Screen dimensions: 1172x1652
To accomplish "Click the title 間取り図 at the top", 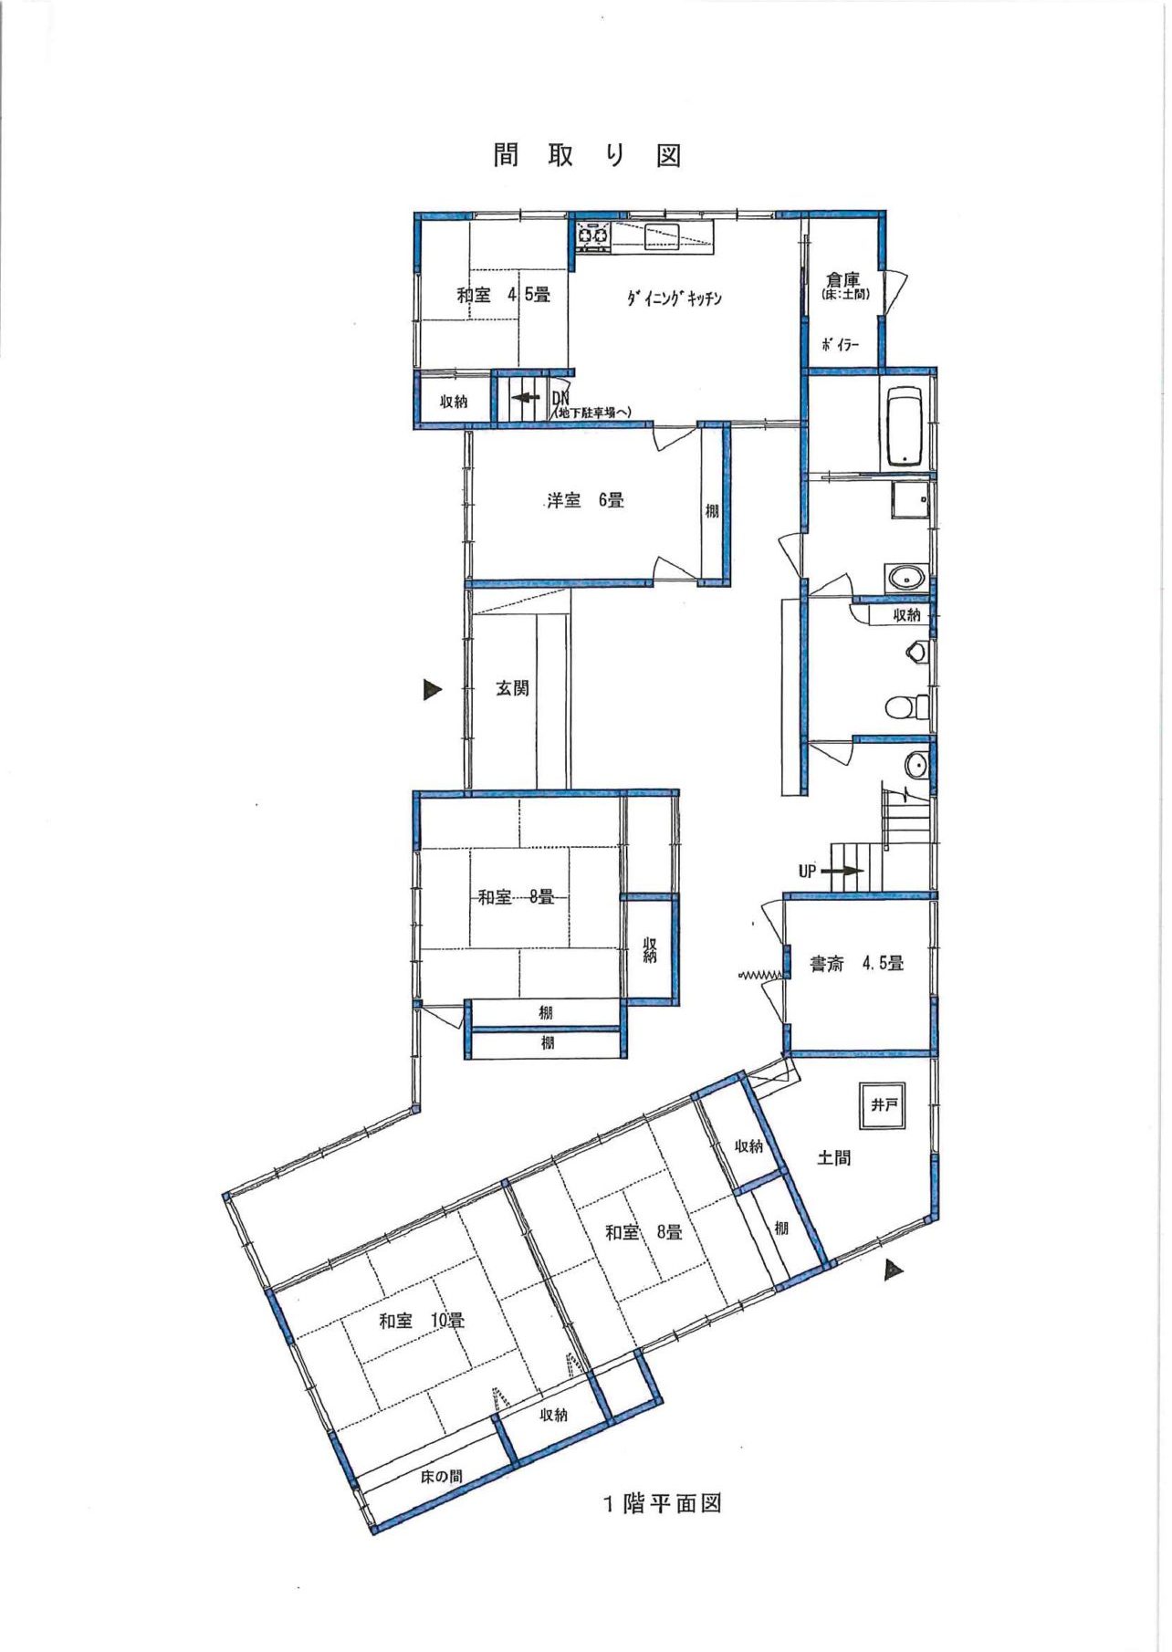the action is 588,155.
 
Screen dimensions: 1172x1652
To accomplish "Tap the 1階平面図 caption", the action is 663,1502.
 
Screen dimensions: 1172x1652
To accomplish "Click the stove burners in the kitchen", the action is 593,236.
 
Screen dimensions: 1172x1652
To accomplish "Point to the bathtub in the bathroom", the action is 905,428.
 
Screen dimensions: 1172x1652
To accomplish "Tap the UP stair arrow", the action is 842,871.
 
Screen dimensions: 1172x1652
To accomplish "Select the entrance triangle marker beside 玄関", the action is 432,689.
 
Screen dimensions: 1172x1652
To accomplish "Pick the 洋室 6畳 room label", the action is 585,500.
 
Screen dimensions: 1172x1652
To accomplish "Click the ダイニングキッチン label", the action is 675,298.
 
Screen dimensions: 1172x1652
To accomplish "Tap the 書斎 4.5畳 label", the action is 857,963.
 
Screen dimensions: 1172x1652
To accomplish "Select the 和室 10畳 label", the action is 422,1321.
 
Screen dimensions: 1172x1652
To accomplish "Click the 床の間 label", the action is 442,1476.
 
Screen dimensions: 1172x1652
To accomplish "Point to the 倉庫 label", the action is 842,279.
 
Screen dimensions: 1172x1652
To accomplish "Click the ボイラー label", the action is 840,345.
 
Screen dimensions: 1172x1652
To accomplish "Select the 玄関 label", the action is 512,688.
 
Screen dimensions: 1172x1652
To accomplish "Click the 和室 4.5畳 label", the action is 503,295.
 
